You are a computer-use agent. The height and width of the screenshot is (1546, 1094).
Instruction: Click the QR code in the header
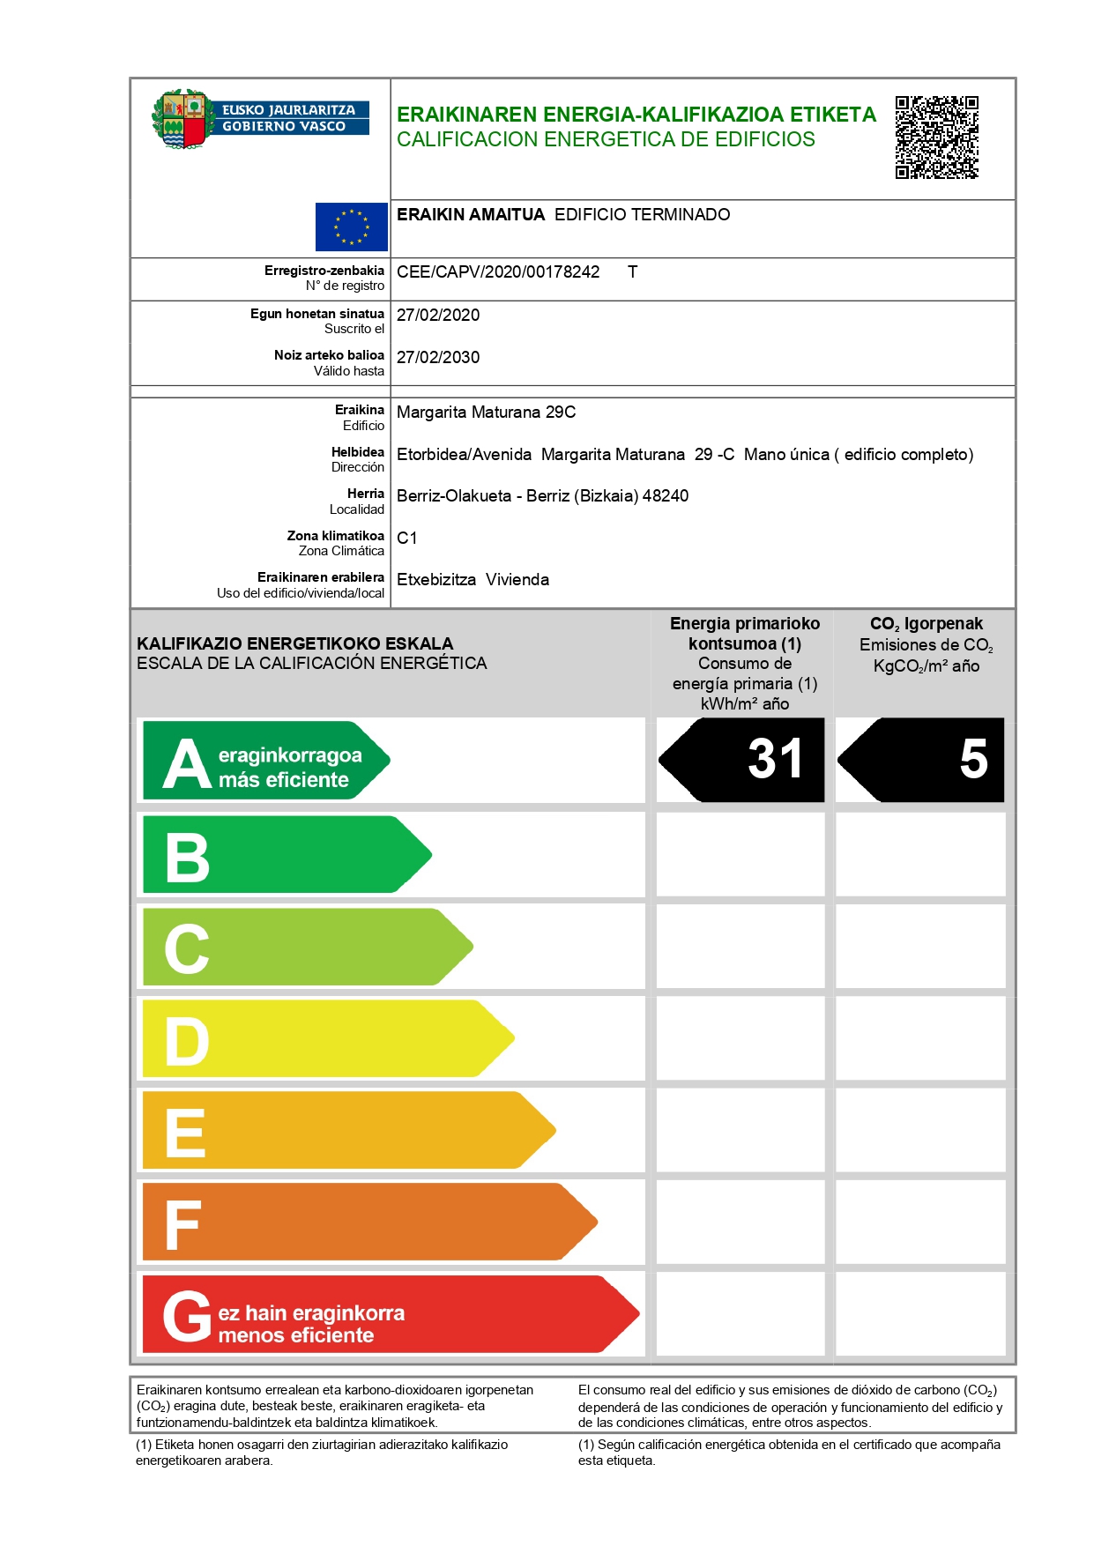936,138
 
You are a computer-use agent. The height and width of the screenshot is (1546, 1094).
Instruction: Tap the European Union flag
352,227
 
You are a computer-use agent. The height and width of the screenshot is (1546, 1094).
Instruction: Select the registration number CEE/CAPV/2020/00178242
498,272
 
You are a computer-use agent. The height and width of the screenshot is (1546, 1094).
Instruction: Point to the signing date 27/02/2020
438,316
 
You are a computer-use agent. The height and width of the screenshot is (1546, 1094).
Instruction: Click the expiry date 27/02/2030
438,358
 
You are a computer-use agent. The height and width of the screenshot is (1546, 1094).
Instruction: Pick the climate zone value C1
407,539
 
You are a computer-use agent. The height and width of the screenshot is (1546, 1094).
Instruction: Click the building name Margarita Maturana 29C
486,413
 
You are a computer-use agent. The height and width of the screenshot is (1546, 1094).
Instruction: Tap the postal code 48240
666,496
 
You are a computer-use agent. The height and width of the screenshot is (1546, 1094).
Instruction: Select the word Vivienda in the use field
517,580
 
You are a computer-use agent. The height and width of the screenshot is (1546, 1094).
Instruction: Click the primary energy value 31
775,759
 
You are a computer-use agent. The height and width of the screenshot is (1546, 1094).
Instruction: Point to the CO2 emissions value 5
973,759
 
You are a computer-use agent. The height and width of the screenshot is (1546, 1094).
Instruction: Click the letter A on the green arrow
187,763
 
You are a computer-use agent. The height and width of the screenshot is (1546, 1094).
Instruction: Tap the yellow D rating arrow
326,1039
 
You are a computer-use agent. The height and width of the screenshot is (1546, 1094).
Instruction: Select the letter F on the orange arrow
182,1225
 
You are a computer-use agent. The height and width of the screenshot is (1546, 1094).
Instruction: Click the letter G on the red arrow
187,1317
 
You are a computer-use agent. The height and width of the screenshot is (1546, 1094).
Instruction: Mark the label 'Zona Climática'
341,552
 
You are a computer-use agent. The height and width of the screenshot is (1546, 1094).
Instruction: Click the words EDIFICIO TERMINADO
642,215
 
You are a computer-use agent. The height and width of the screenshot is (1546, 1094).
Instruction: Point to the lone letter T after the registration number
632,272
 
